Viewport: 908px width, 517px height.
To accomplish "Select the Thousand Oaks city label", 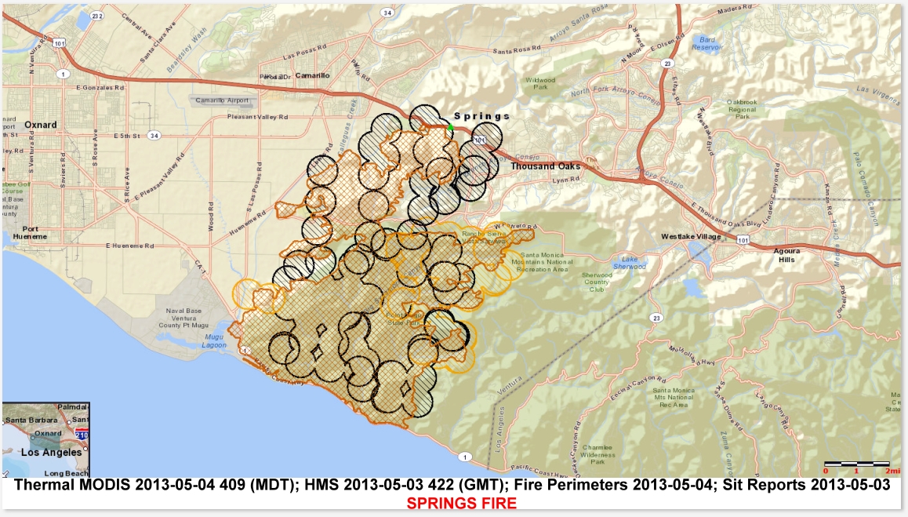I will coord(545,166).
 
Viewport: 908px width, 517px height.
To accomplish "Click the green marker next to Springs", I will coord(450,127).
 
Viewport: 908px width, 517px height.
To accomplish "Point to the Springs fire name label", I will coord(481,116).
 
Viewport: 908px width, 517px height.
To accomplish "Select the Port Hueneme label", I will coord(36,233).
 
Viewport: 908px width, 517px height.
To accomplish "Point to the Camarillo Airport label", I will coord(222,100).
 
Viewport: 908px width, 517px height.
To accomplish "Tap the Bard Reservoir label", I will coord(703,42).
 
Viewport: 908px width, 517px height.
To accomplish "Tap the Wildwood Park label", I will coord(539,83).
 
